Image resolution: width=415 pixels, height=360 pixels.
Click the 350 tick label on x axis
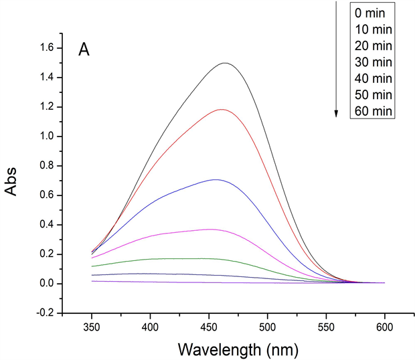tap(92, 328)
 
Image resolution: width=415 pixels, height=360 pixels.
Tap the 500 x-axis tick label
tap(267, 328)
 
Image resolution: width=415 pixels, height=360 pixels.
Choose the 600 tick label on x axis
tap(384, 328)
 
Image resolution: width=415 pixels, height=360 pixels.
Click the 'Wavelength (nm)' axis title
tap(238, 349)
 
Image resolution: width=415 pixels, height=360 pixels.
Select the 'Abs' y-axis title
tap(14, 180)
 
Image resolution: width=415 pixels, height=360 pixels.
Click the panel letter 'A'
tap(84, 50)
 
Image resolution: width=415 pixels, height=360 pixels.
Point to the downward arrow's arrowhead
tap(336, 114)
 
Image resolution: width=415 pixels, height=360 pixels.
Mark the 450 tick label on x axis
tap(209, 328)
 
